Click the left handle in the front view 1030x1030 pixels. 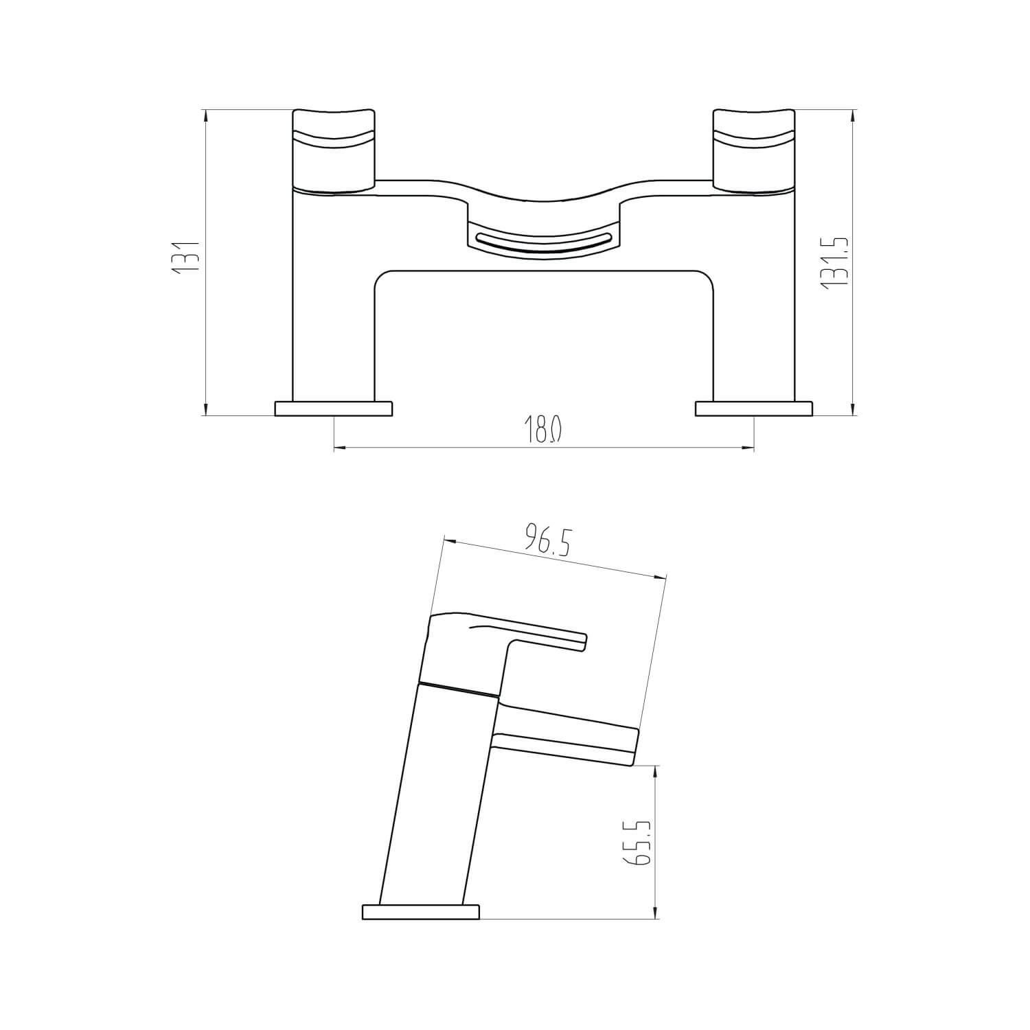(334, 150)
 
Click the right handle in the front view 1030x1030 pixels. (754, 150)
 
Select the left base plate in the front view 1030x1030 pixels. (334, 409)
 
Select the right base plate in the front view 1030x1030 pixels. (755, 409)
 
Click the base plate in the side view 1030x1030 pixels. (420, 912)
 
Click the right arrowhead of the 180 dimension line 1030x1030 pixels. (749, 448)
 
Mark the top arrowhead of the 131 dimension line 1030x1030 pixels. (205, 115)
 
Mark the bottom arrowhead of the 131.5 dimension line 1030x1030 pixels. (853, 410)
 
